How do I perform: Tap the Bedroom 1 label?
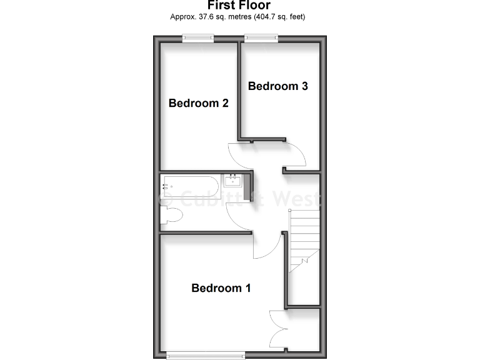click(221, 288)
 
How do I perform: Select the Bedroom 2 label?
click(198, 103)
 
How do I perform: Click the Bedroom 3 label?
click(277, 86)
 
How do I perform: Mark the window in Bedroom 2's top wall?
click(198, 38)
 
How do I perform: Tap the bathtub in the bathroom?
click(190, 186)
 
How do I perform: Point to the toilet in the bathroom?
click(171, 216)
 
